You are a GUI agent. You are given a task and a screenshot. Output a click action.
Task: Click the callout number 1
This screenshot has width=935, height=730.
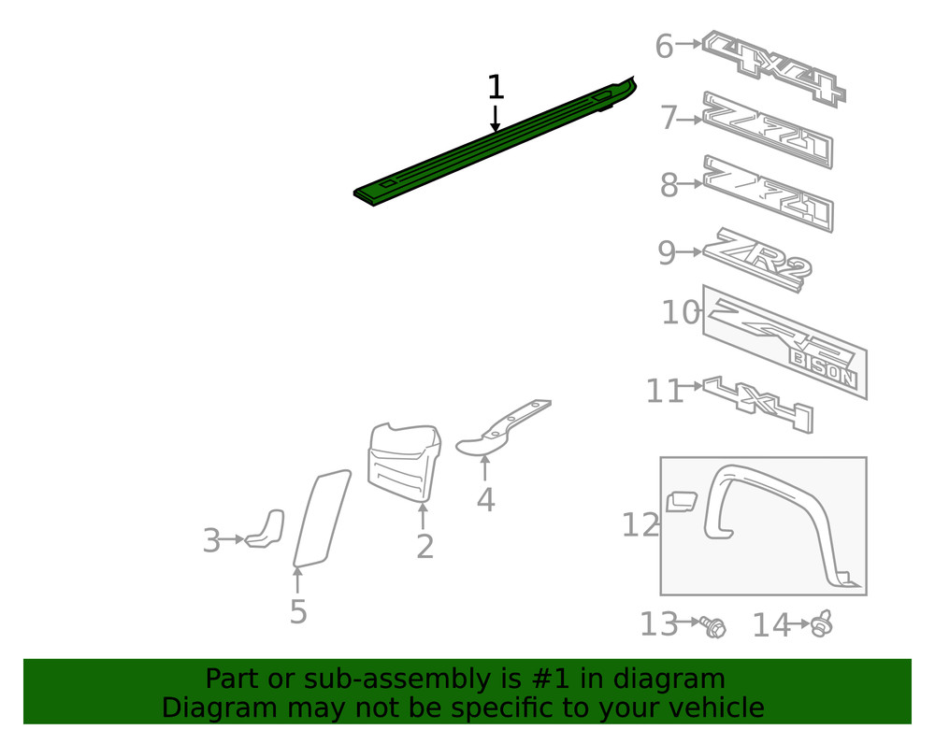click(x=496, y=88)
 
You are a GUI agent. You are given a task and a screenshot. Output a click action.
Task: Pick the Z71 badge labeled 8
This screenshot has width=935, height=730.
click(x=767, y=193)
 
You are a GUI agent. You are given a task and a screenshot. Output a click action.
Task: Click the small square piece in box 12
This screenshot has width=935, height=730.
click(x=682, y=501)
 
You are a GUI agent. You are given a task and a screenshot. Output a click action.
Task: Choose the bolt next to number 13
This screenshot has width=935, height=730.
click(x=715, y=627)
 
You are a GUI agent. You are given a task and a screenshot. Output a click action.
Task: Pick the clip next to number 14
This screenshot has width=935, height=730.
click(x=821, y=623)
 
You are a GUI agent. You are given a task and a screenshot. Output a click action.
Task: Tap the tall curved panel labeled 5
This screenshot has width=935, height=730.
click(x=321, y=519)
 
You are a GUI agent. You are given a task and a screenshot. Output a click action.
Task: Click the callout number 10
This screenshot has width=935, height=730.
click(x=680, y=312)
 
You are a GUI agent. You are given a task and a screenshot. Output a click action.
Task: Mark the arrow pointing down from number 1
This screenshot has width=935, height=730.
click(x=495, y=118)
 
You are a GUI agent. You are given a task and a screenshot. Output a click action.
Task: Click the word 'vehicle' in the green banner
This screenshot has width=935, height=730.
click(x=708, y=708)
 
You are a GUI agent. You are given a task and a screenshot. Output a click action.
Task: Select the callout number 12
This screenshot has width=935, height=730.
click(x=640, y=525)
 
